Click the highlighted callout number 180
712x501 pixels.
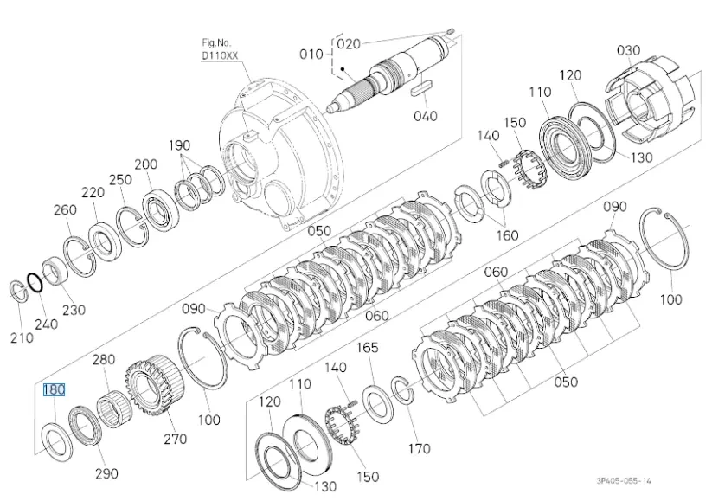tap(54, 389)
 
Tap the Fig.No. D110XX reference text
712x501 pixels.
tap(220, 49)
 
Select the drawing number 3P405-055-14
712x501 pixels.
tap(624, 480)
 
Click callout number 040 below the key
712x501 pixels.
tap(426, 116)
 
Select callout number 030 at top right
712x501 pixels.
tap(628, 50)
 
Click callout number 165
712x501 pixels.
tap(367, 348)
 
